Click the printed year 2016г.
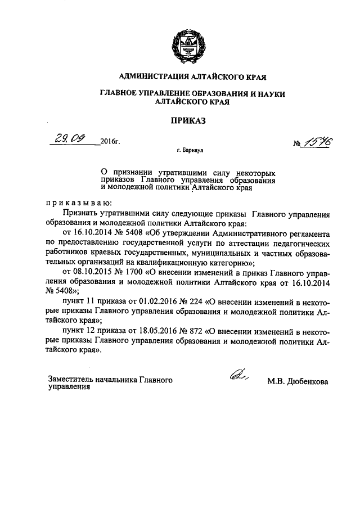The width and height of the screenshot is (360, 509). pos(111,141)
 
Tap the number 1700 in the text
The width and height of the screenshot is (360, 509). pos(140,272)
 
